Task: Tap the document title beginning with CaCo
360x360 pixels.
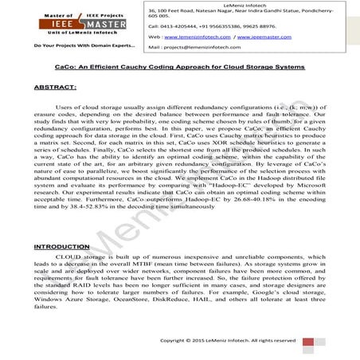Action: click(x=179, y=68)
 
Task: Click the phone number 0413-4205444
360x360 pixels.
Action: click(x=173, y=25)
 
